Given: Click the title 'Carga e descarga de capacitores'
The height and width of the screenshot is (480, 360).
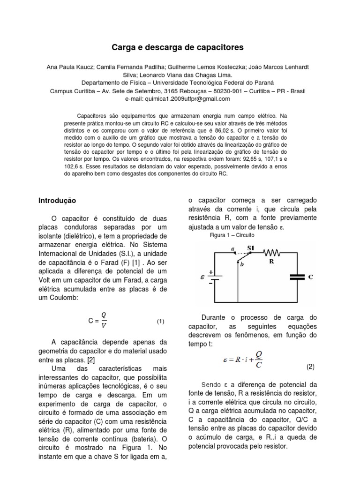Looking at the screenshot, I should coord(177,48).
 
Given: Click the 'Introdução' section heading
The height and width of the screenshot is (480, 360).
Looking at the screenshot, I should coord(57,200).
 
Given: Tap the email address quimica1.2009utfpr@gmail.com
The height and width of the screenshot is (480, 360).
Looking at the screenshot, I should coord(177,99).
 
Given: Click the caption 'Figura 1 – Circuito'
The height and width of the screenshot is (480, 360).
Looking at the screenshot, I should coord(231,235).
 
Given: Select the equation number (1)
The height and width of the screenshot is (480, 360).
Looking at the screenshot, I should coord(161,322).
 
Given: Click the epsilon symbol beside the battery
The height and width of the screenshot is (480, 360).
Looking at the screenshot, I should coord(202,277).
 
